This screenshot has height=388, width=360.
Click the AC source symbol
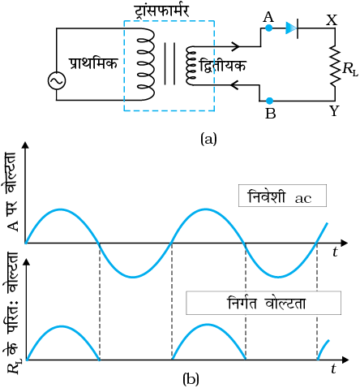(57, 80)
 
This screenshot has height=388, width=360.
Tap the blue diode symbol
(292, 28)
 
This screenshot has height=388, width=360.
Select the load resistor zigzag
(335, 67)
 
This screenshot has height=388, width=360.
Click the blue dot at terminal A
(268, 28)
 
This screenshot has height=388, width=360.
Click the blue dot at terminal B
(269, 101)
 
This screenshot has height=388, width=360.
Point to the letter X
(332, 19)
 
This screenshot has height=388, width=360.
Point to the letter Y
(334, 110)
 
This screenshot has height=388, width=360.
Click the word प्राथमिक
(93, 64)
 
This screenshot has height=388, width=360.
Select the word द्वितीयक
(222, 66)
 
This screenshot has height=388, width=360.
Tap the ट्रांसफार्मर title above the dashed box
(162, 11)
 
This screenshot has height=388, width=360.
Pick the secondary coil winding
(191, 66)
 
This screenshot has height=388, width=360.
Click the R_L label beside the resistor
(350, 69)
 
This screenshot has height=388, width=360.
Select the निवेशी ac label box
(282, 196)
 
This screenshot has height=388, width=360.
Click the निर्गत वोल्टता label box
(264, 303)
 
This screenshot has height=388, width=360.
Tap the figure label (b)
(191, 379)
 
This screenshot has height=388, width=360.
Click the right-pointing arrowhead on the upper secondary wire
(236, 46)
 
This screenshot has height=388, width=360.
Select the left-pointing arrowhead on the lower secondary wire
(234, 85)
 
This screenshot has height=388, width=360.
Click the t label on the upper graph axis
(336, 252)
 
